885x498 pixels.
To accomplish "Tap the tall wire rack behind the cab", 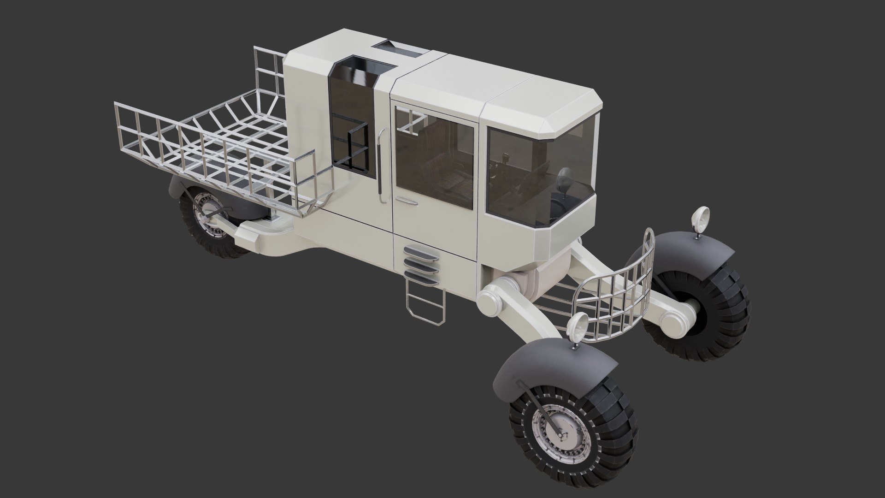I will [x=270, y=74].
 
